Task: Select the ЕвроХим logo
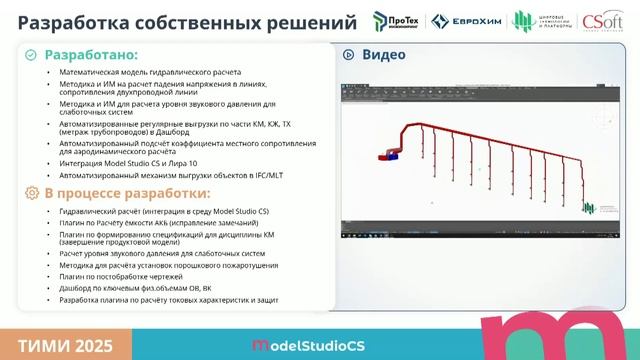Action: click(x=469, y=21)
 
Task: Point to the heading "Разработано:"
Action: click(x=91, y=56)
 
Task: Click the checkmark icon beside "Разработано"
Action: click(x=32, y=56)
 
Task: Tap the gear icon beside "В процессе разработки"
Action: click(x=32, y=193)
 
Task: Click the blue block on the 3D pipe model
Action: click(x=393, y=155)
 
